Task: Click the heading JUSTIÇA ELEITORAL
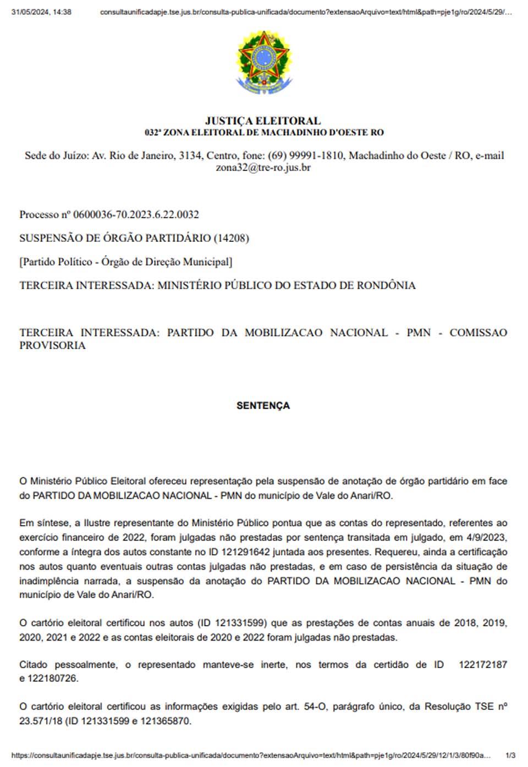pyautogui.click(x=263, y=120)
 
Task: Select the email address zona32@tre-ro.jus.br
pyautogui.click(x=263, y=168)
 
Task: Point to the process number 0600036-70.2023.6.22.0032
pyautogui.click(x=136, y=214)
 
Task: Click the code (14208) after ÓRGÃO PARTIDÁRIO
pyautogui.click(x=231, y=238)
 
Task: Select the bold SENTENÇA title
pyautogui.click(x=263, y=406)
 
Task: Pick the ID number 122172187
pyautogui.click(x=483, y=665)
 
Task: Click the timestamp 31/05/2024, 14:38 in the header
pyautogui.click(x=41, y=12)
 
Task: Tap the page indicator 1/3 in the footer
pyautogui.click(x=510, y=756)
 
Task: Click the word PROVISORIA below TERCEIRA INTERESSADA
pyautogui.click(x=52, y=346)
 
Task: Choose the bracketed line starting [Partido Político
pyautogui.click(x=125, y=262)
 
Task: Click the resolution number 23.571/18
pyautogui.click(x=41, y=721)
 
